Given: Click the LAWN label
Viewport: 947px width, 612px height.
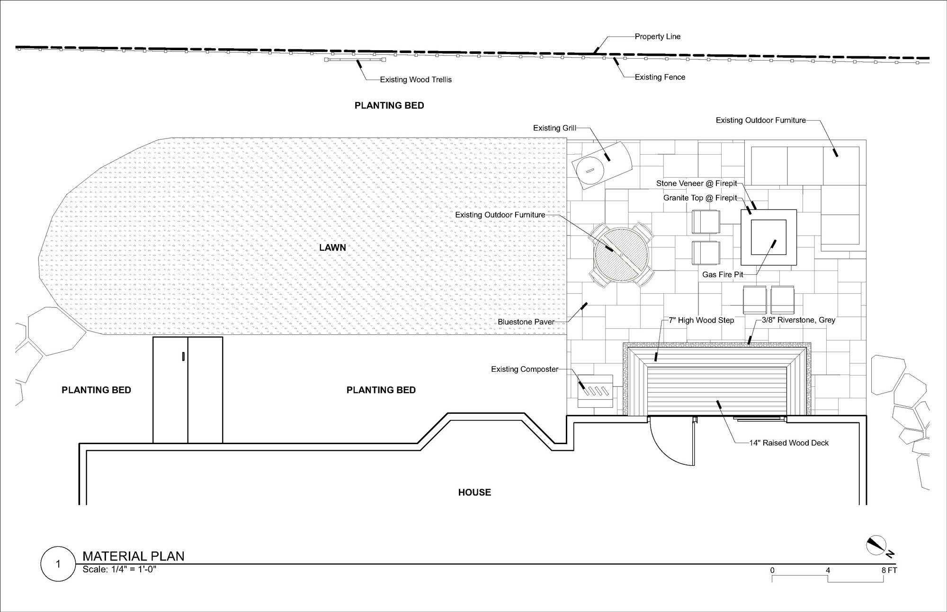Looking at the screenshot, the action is pyautogui.click(x=332, y=247).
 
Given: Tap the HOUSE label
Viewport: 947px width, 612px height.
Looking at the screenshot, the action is pyautogui.click(x=474, y=492).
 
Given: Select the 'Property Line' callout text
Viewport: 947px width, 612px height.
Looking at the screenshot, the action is pyautogui.click(x=658, y=36).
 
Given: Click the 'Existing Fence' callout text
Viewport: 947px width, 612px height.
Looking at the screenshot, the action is pyautogui.click(x=660, y=77).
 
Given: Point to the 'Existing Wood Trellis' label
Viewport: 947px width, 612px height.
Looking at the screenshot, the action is pyautogui.click(x=416, y=79).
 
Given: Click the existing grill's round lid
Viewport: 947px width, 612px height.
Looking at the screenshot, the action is pyautogui.click(x=590, y=170).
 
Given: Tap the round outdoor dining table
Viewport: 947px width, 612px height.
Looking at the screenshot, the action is pyautogui.click(x=621, y=254).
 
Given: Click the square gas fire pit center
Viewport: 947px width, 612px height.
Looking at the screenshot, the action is pyautogui.click(x=768, y=237).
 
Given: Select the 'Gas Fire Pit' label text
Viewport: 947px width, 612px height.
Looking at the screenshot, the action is pyautogui.click(x=723, y=274).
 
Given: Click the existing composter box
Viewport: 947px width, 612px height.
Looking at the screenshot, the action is pyautogui.click(x=595, y=391).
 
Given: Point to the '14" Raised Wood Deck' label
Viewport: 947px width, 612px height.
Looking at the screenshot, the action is pyautogui.click(x=789, y=443).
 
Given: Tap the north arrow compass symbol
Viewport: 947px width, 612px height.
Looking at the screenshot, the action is pyautogui.click(x=876, y=545).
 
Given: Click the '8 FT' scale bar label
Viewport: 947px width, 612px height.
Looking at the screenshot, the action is pyautogui.click(x=889, y=570).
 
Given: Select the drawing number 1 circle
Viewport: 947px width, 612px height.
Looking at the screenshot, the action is pyautogui.click(x=58, y=564).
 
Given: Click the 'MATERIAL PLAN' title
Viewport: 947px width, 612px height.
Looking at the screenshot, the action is pyautogui.click(x=134, y=556).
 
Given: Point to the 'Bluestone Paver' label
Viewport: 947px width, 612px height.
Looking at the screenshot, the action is pyautogui.click(x=526, y=322).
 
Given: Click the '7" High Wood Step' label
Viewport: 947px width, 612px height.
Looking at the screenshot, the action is pyautogui.click(x=701, y=320).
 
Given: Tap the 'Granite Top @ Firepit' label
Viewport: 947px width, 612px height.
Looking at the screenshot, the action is pyautogui.click(x=700, y=198).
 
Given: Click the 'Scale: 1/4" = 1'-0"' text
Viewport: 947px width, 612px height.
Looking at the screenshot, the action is pyautogui.click(x=119, y=569).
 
